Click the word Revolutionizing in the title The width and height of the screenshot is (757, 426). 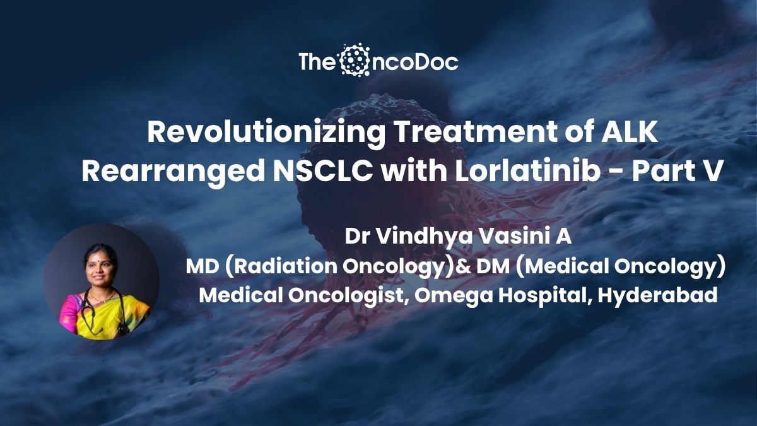click(x=266, y=134)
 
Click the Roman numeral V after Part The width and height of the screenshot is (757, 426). click(x=712, y=172)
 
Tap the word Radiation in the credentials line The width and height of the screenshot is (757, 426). click(x=285, y=266)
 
